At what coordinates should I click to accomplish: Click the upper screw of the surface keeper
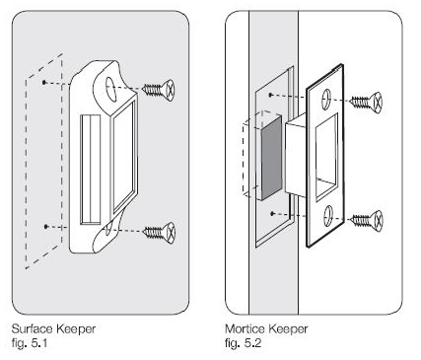tap(159, 90)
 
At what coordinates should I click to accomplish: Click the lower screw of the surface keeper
tap(160, 233)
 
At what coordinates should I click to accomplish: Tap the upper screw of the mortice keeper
tap(367, 102)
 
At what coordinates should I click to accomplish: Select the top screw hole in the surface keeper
tap(111, 88)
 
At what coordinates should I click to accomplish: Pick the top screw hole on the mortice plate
tap(326, 99)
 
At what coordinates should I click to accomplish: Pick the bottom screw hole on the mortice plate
tap(328, 216)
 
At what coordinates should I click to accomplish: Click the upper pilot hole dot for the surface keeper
tap(44, 82)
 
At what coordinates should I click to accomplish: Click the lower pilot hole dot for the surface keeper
tap(46, 226)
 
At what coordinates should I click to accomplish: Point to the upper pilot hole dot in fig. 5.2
tap(270, 95)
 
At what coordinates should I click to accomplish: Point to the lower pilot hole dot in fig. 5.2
tap(272, 214)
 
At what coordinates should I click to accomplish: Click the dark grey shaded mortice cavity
tap(271, 158)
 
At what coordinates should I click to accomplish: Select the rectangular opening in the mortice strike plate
tap(326, 157)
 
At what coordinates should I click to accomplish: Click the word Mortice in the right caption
tap(245, 328)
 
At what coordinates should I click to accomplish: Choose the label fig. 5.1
tap(30, 343)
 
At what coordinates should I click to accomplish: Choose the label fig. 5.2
tap(244, 343)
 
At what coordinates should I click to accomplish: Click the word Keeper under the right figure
tap(288, 328)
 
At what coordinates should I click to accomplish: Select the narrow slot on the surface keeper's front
tap(91, 170)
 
